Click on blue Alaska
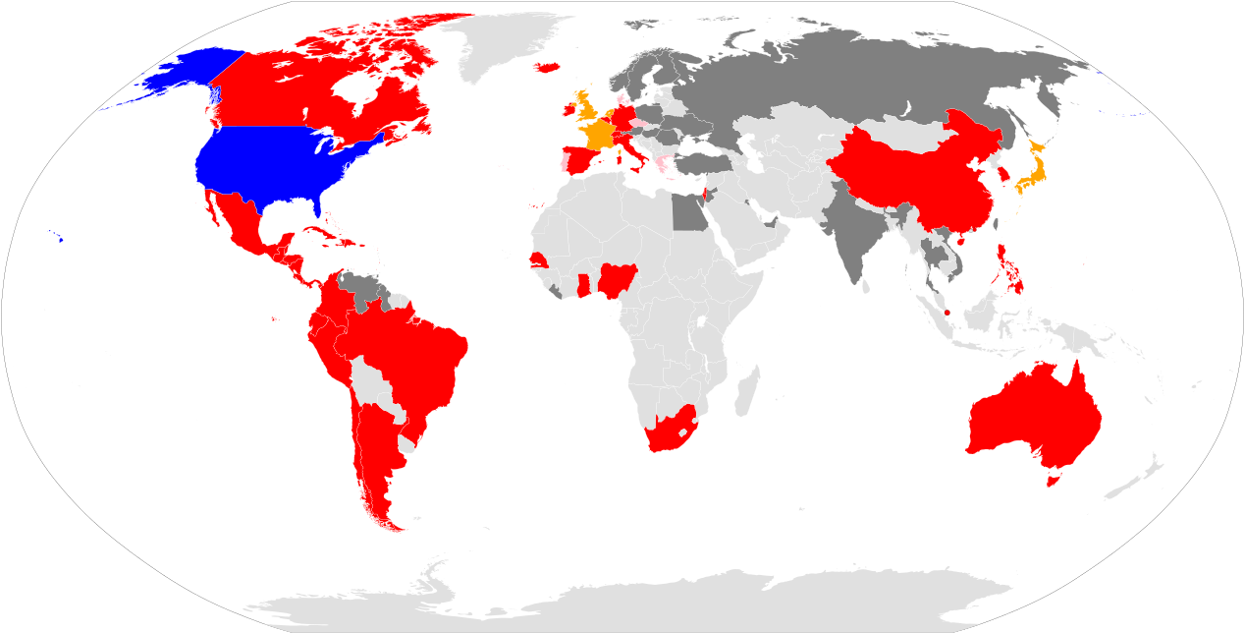[x=191, y=74]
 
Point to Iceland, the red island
[x=547, y=68]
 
